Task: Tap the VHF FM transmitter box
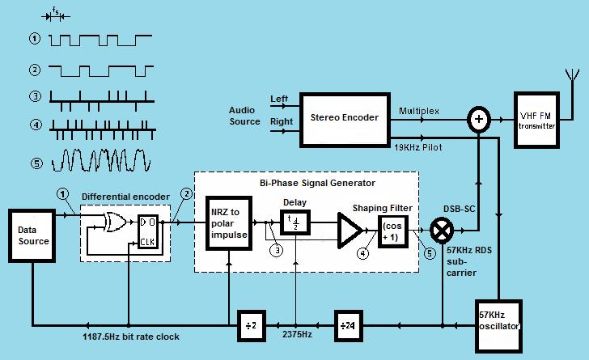536,119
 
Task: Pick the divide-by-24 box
345,324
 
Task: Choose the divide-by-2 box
251,324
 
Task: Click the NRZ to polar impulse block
229,222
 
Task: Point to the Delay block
295,221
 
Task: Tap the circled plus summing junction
479,120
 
